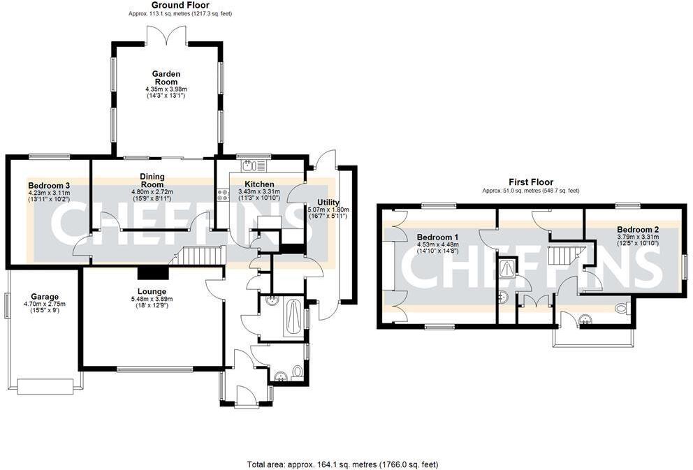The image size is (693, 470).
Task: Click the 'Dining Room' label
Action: click(152, 180)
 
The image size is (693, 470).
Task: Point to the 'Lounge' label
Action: click(152, 291)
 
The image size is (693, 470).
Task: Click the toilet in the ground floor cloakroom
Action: click(298, 372)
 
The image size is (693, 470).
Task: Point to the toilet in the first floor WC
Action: click(621, 308)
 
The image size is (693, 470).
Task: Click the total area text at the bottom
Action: click(342, 464)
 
